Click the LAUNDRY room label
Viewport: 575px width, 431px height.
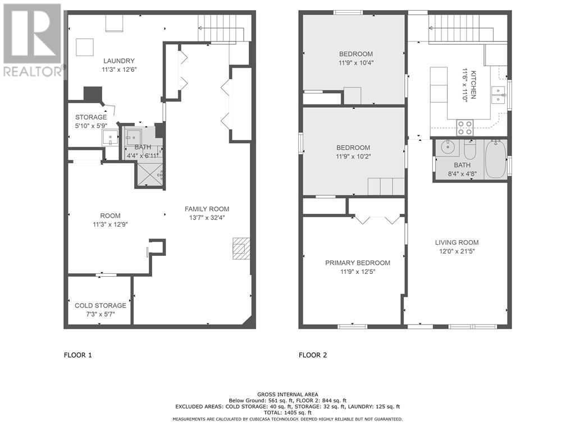[119, 61]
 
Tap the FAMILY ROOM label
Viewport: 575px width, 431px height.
[207, 209]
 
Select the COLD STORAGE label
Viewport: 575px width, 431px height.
[101, 305]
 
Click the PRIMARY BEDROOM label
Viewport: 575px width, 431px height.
[358, 263]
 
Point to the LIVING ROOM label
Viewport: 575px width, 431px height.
[457, 242]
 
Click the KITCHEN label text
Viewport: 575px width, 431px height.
[473, 85]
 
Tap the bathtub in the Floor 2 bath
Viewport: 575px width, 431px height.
[495, 159]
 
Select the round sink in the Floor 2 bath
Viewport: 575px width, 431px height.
[448, 148]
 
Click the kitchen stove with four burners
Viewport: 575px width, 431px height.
[465, 127]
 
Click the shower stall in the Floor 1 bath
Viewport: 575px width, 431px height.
[149, 175]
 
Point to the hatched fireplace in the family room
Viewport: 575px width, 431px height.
[241, 249]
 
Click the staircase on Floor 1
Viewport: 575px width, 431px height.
[221, 28]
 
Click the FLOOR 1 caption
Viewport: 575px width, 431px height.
[77, 355]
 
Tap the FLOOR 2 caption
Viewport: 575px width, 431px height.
[313, 355]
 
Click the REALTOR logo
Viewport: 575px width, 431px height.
[33, 40]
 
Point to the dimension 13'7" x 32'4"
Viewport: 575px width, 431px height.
[207, 218]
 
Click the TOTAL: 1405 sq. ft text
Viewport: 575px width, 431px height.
[287, 412]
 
